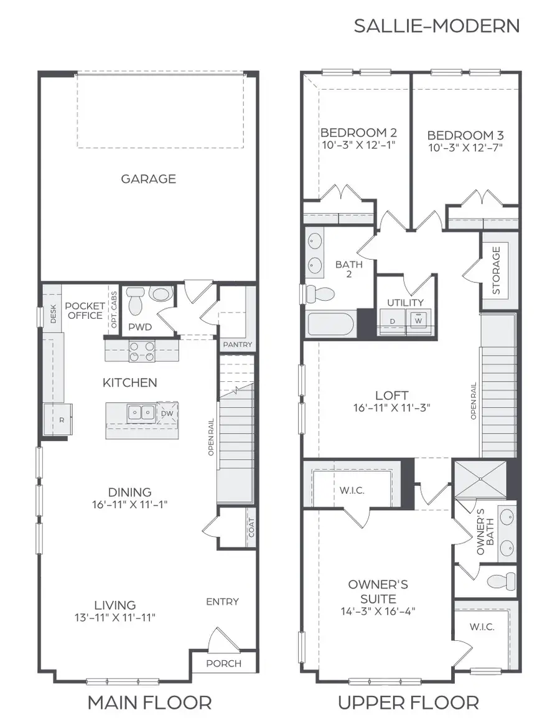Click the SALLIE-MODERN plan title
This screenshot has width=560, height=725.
[436, 26]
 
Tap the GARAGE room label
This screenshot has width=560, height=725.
[148, 179]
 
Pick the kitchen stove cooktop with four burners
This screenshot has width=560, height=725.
[142, 351]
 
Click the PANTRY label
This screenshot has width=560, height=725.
[237, 344]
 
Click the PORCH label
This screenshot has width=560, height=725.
[223, 663]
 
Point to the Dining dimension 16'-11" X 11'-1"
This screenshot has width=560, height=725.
[130, 505]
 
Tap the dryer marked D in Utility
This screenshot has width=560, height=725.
[392, 321]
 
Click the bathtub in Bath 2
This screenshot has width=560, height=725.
[330, 325]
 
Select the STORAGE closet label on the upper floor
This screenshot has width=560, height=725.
[496, 270]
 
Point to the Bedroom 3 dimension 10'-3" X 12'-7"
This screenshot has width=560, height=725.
[465, 148]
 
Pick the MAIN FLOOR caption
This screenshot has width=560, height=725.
[149, 703]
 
